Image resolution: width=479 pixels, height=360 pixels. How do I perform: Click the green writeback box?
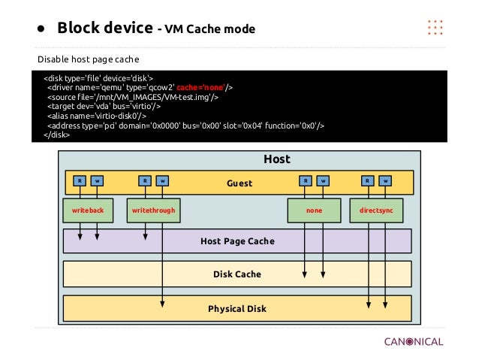click(87, 211)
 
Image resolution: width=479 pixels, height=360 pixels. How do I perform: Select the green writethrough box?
click(153, 211)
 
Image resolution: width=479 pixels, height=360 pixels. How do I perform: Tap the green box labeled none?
click(314, 211)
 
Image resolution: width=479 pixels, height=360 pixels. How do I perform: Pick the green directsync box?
click(376, 211)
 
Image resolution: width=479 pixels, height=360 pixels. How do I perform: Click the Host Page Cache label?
click(237, 241)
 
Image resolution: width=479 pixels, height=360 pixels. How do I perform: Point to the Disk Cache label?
click(237, 274)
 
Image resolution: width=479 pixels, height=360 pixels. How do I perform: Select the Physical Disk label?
click(237, 308)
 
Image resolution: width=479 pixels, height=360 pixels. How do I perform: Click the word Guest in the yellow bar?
click(239, 183)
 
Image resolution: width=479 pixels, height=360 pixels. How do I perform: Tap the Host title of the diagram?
click(276, 159)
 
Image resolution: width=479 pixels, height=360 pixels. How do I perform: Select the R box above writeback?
click(80, 180)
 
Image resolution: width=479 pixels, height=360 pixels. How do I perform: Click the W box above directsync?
click(384, 180)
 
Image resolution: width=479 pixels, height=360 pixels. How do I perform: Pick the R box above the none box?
click(305, 180)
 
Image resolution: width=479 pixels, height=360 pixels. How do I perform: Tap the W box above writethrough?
click(163, 180)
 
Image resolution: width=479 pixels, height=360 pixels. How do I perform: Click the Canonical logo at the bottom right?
click(413, 341)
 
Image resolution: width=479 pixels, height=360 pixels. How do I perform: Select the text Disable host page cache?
click(89, 59)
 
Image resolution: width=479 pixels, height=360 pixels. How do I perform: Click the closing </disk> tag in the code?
click(57, 135)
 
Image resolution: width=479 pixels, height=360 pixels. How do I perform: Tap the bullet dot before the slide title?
click(43, 30)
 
